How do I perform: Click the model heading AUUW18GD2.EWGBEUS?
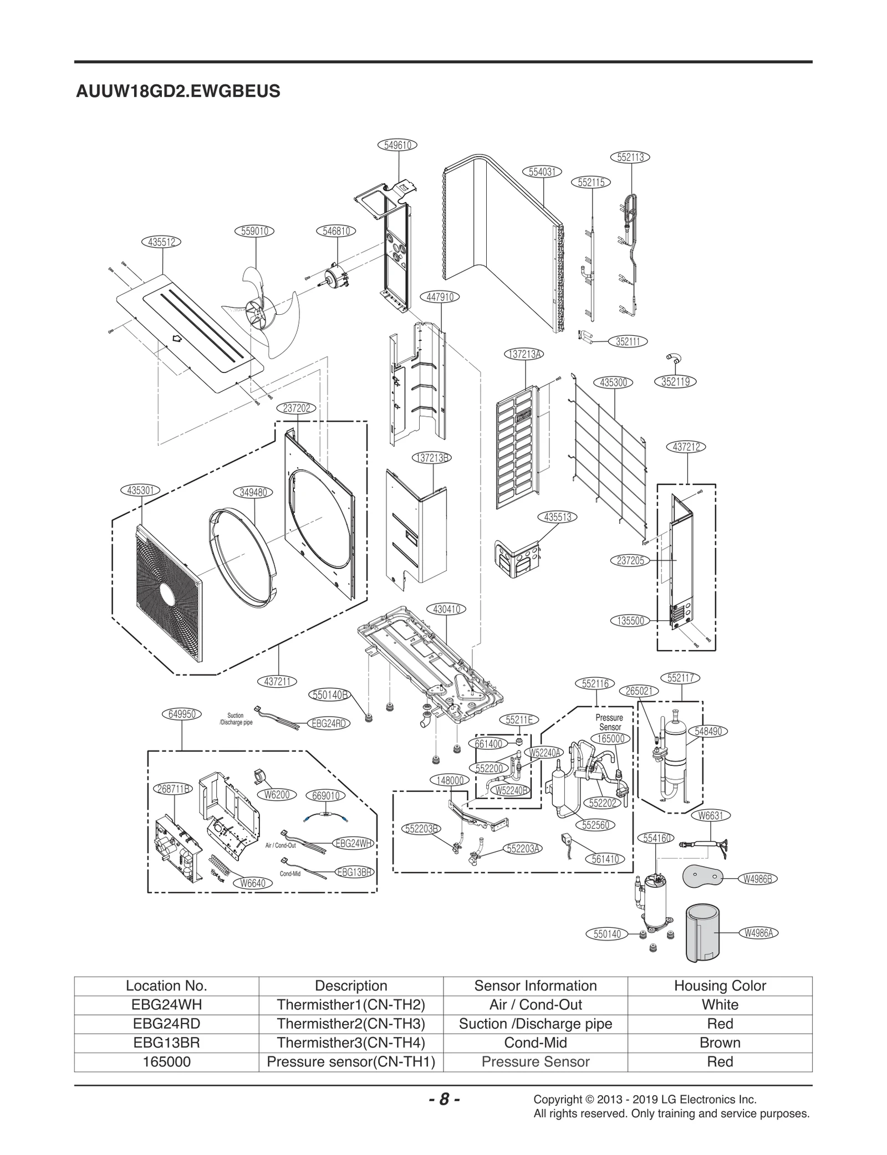tap(178, 91)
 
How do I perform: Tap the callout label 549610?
tap(397, 145)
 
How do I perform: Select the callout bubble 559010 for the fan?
tap(255, 231)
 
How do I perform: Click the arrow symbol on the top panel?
tap(177, 338)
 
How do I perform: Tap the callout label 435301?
tap(140, 490)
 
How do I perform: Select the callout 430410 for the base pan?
tap(446, 609)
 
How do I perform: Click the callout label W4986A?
tap(758, 933)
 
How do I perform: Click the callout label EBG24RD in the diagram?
tap(329, 723)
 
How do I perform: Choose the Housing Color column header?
tap(720, 985)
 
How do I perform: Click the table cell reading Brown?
tap(720, 1042)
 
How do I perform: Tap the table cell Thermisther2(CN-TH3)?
tap(350, 1024)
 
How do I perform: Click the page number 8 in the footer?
tap(443, 1100)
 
